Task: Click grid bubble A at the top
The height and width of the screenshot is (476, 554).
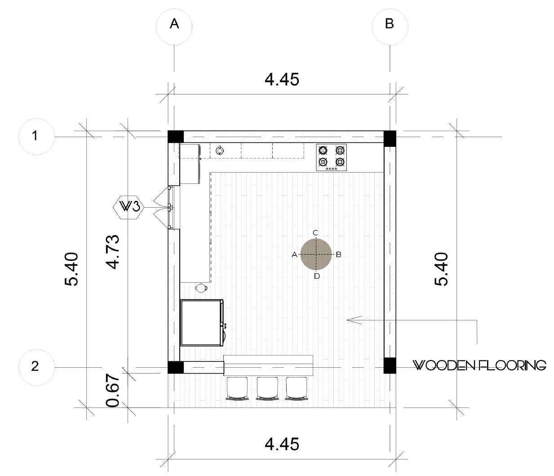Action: [174, 27]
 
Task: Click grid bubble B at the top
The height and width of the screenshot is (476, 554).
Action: [390, 27]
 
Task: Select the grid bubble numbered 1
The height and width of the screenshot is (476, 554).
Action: [36, 137]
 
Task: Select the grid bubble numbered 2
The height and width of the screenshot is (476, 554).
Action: [36, 367]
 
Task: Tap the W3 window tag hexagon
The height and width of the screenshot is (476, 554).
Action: [129, 208]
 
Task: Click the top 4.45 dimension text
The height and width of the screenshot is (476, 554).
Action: [282, 80]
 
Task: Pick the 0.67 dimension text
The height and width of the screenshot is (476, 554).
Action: [113, 391]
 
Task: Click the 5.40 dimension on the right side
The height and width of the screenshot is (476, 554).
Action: [441, 269]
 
